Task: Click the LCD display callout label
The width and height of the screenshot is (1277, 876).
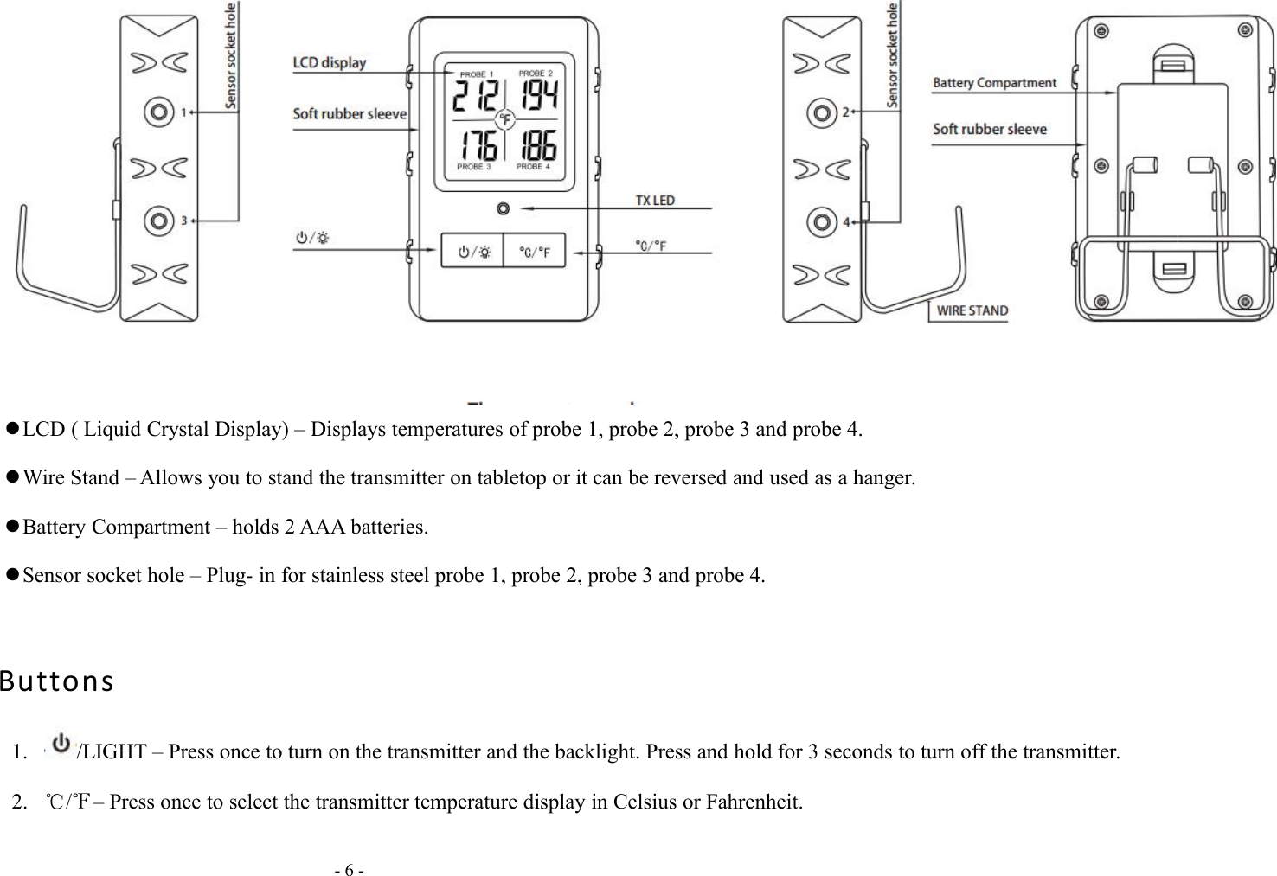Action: click(330, 62)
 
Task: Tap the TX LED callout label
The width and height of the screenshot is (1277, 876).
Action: click(655, 200)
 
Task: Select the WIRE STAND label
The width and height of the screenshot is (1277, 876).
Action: click(972, 310)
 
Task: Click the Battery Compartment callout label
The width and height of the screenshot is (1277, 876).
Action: click(994, 83)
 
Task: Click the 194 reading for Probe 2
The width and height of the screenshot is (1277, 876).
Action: click(537, 96)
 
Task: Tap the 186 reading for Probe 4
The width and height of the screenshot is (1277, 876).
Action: click(537, 144)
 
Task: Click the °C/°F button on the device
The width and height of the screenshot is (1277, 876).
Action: click(535, 252)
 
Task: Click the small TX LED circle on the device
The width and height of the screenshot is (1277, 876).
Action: click(503, 208)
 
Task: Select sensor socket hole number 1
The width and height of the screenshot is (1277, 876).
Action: click(157, 112)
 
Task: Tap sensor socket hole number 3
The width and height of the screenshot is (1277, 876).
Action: click(157, 221)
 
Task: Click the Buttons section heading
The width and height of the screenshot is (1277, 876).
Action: click(57, 682)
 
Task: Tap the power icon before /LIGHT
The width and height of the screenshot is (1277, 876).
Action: click(61, 744)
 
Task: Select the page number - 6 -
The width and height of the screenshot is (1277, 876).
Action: click(350, 869)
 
